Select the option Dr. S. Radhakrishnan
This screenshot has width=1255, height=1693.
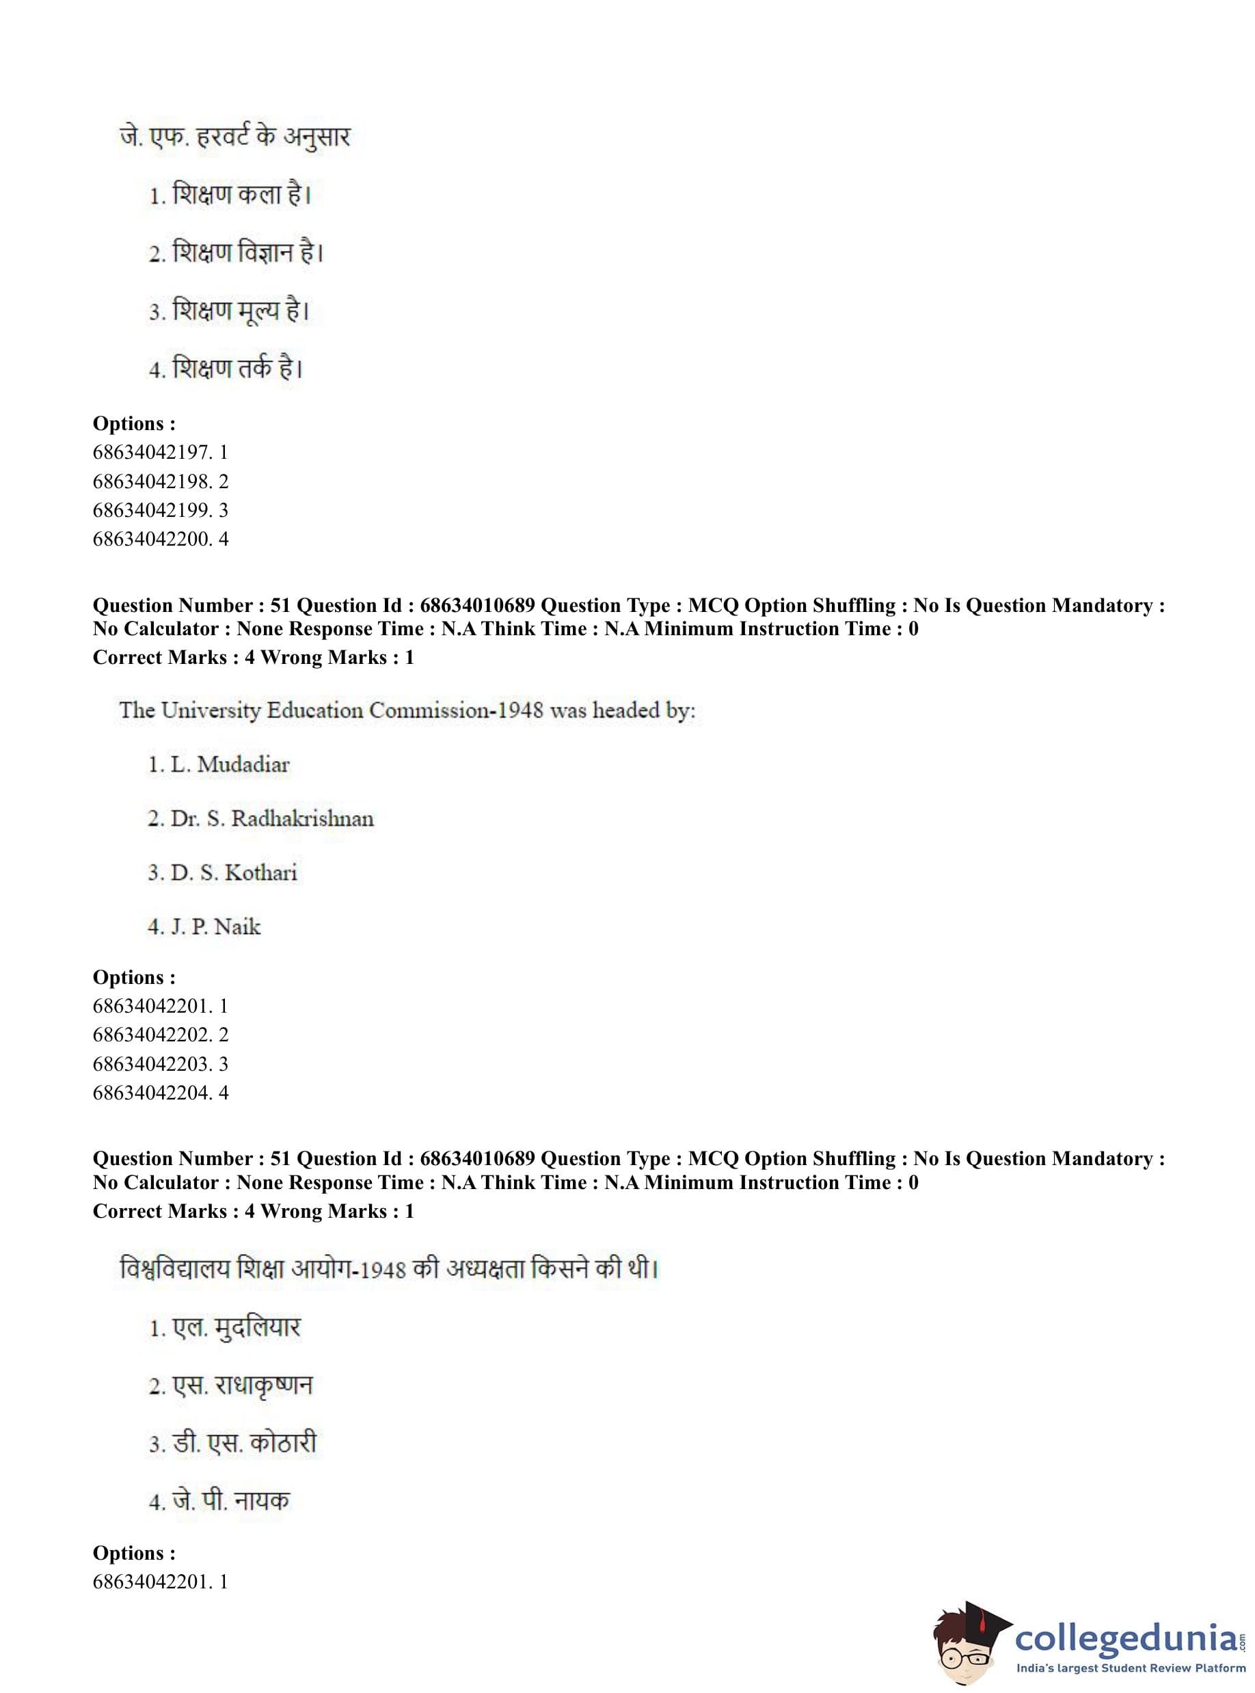click(x=260, y=818)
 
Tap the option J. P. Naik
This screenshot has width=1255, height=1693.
click(x=204, y=927)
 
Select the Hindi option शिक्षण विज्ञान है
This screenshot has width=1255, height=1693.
click(x=237, y=253)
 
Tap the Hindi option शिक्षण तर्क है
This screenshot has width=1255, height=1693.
click(x=226, y=369)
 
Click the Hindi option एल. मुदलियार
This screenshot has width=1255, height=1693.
click(x=225, y=1327)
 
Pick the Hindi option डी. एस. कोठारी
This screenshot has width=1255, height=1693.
click(x=232, y=1443)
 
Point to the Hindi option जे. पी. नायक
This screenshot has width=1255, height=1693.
click(x=219, y=1501)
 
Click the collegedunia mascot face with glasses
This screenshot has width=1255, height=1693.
click(x=962, y=1644)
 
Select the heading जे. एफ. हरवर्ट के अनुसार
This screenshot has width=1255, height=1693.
click(x=234, y=137)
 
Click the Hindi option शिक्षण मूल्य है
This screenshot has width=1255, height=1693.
click(x=229, y=311)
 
